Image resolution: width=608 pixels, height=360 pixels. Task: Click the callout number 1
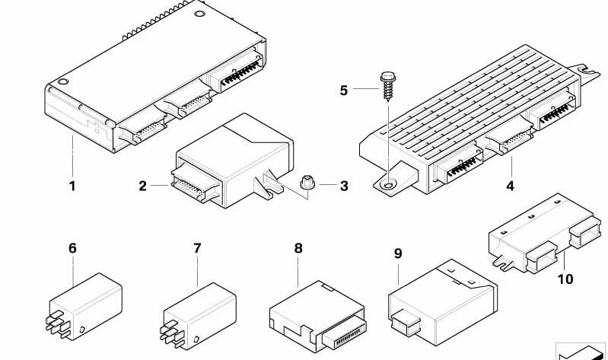click(72, 186)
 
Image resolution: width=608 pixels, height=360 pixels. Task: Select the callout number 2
click(142, 186)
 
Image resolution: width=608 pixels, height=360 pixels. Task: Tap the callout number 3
click(343, 186)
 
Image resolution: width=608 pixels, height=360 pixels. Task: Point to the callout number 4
click(509, 186)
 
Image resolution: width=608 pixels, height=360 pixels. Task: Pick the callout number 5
click(343, 91)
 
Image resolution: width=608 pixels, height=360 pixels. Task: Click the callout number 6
click(72, 248)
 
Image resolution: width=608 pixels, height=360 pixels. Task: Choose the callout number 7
click(197, 248)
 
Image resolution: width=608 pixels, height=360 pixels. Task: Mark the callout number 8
click(298, 248)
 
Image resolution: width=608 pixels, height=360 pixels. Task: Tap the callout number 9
click(397, 253)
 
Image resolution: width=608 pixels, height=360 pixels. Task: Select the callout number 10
click(565, 279)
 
